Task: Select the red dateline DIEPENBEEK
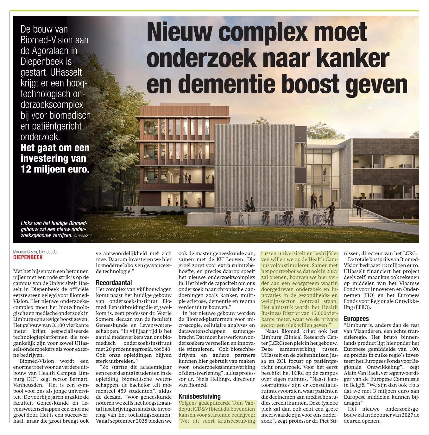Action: (28, 257)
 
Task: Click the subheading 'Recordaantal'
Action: (114, 283)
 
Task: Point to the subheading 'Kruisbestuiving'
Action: (199, 396)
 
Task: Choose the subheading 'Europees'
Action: (356, 318)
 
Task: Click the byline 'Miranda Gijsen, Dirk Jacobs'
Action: (36, 252)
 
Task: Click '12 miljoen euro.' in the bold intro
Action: (55, 169)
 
